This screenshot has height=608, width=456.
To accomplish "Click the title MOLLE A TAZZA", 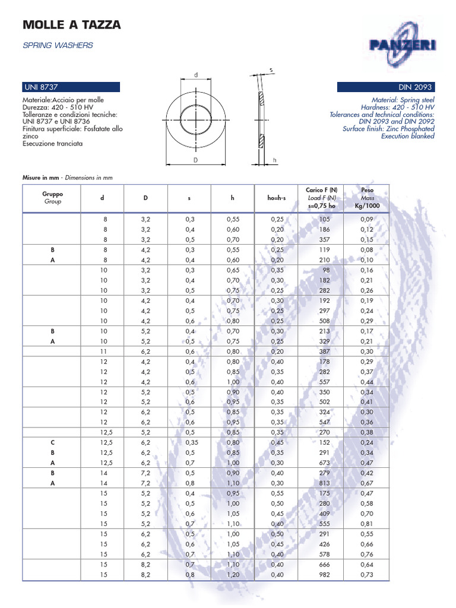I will pos(71,25).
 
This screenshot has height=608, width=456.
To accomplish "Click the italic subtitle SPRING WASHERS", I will pos(58,45).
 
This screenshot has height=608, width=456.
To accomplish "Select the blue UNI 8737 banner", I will pos(71,87).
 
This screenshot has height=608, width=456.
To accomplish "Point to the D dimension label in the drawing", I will pos(195,160).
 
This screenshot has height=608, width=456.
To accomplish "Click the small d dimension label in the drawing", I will pos(195,75).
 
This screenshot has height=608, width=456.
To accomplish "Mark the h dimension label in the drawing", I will pos(275,160).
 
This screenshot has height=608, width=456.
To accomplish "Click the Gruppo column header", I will pos(52,198).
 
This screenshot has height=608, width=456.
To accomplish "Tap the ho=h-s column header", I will pos(277,198).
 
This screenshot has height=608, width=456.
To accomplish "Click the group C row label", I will pos(52,442).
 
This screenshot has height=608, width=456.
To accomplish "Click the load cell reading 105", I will pos(324,220).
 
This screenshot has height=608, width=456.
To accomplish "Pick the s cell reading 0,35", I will pos(191,442).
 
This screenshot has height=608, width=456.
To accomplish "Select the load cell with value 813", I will pos(324,483).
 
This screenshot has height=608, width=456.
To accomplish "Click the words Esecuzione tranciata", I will pos(53,144).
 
